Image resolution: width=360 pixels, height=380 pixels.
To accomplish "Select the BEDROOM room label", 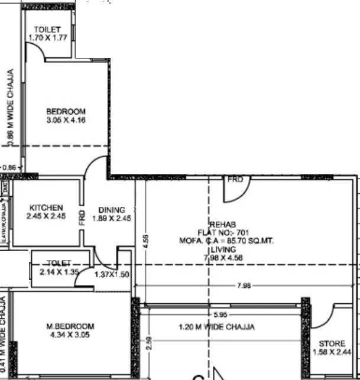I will tap(66, 111).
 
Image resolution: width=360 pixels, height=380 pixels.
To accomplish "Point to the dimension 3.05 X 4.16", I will tap(66, 120).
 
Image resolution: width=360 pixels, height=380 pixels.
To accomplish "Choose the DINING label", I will tap(111, 210).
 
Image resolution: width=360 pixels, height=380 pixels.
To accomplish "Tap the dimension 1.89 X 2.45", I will tap(111, 219).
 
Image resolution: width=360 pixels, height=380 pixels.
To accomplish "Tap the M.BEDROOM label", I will tap(70, 326).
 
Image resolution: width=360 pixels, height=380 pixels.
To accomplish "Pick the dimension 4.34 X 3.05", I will tap(70, 335).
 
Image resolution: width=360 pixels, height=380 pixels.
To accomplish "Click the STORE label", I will tap(332, 344).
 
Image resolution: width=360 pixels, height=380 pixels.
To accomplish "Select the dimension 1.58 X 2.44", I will tap(332, 353).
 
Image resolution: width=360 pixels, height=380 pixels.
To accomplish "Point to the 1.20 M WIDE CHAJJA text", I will tap(217, 327).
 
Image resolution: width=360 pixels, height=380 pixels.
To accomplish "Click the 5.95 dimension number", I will tap(220, 315).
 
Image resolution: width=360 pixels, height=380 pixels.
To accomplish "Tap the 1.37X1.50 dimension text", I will tap(112, 274).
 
